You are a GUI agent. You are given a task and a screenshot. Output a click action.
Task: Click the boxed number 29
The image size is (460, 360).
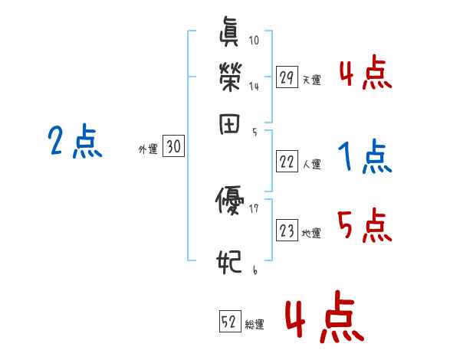click(287, 77)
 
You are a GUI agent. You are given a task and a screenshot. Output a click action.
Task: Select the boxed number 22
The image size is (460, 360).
click(287, 162)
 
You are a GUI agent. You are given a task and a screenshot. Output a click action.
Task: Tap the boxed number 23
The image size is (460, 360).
click(287, 231)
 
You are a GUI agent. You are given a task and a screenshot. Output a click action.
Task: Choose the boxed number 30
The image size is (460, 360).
click(173, 147)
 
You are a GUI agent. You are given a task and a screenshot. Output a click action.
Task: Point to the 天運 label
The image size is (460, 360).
click(311, 80)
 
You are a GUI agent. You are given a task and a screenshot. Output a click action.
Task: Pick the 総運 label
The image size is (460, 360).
click(255, 325)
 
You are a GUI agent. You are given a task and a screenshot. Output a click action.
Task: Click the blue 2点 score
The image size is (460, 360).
click(74, 142)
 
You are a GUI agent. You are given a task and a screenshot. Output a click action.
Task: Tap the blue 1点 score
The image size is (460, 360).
click(365, 158)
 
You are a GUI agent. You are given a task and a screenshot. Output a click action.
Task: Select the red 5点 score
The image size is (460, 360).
click(365, 226)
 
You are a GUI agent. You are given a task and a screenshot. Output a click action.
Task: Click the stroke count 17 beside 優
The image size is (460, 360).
click(255, 208)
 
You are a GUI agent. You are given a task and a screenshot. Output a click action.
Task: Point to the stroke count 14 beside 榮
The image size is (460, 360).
click(255, 86)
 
